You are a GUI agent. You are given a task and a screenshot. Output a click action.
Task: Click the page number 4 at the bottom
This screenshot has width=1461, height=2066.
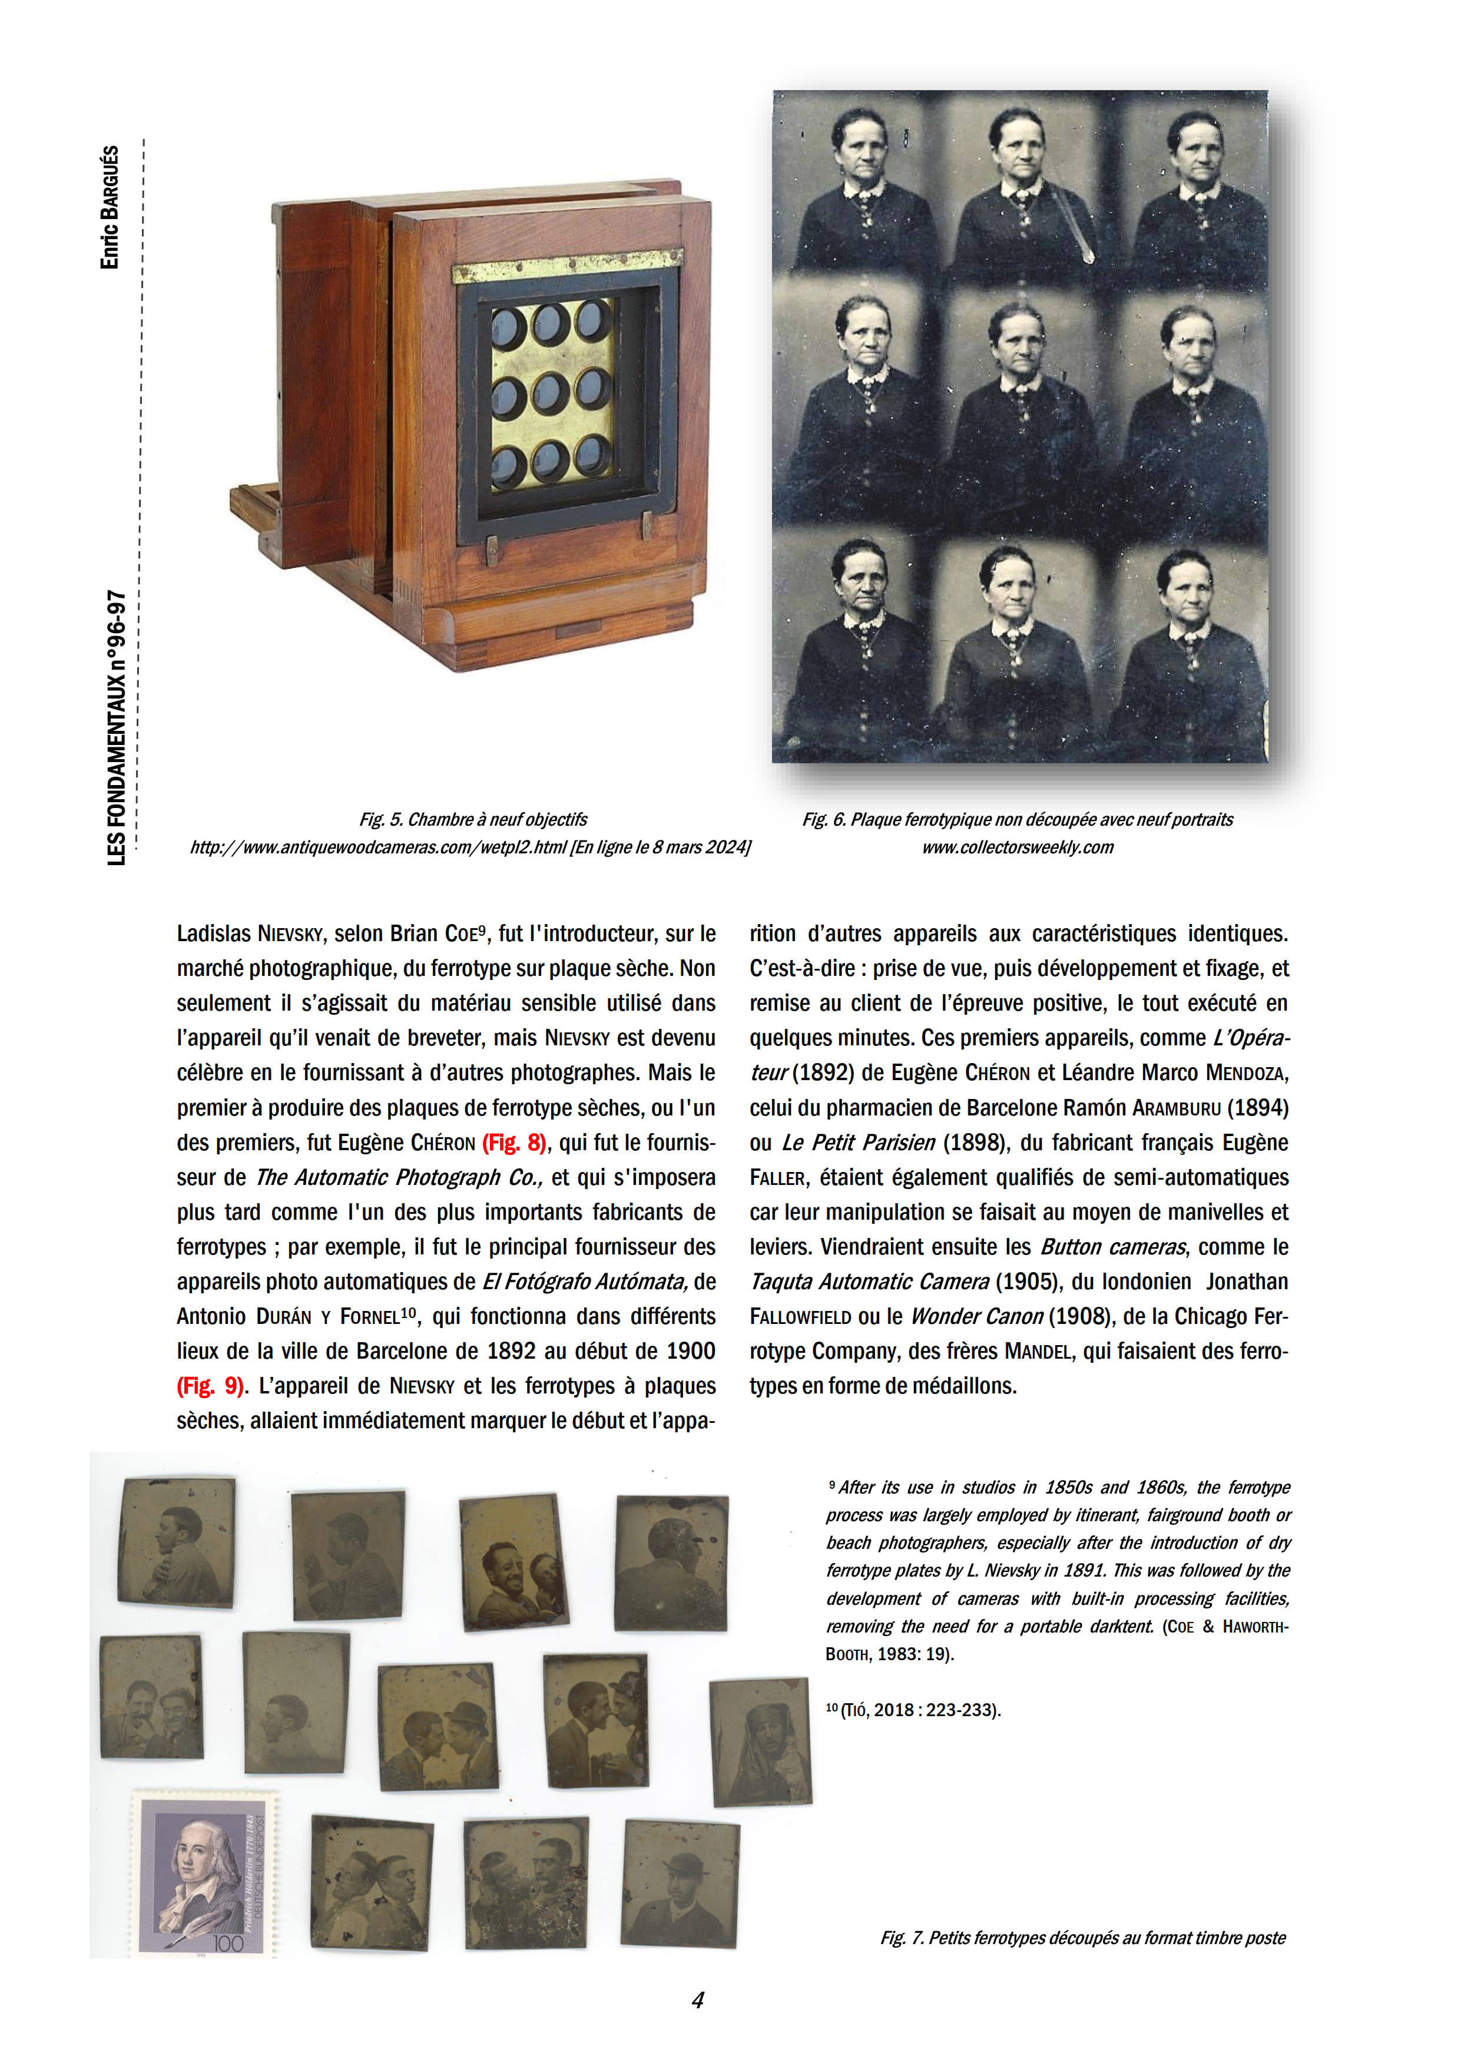click(x=697, y=1999)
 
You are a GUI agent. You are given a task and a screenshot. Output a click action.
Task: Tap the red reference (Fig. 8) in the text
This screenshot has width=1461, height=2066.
click(x=513, y=1143)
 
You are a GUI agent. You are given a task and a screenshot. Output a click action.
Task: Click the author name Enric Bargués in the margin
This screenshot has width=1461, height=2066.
click(x=110, y=207)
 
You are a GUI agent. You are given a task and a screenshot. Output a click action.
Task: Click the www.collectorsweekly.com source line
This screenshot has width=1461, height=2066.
click(x=1018, y=847)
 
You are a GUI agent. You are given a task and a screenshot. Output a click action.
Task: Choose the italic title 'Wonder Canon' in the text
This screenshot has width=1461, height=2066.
click(x=976, y=1316)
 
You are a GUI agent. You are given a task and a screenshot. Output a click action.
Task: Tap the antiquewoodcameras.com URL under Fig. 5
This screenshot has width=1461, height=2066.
click(x=469, y=847)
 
